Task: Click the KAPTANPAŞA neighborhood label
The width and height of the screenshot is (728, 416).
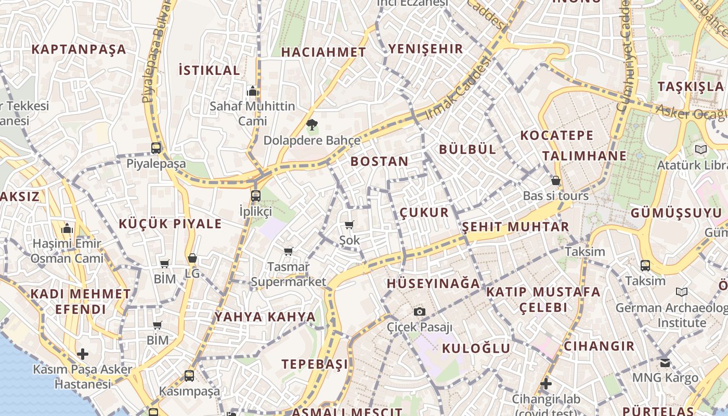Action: click(x=79, y=49)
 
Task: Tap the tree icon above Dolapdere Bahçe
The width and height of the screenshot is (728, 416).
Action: click(x=311, y=125)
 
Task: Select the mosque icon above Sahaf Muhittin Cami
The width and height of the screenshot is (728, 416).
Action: click(x=253, y=92)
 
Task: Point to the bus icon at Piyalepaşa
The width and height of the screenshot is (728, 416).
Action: click(x=156, y=148)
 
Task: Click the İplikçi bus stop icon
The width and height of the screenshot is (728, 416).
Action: click(x=255, y=196)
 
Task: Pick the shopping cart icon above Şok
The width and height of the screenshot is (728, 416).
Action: click(x=349, y=225)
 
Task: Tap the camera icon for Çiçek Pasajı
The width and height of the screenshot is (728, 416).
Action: click(x=420, y=311)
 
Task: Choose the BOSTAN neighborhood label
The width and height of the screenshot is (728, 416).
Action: click(x=380, y=161)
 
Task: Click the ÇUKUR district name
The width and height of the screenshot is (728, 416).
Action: click(x=424, y=212)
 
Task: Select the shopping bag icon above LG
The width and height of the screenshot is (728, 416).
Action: click(x=192, y=258)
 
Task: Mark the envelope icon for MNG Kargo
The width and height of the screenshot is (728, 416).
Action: click(x=665, y=362)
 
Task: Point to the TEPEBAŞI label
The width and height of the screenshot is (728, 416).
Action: click(x=315, y=364)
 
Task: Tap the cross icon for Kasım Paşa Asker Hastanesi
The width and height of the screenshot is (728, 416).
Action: click(x=83, y=355)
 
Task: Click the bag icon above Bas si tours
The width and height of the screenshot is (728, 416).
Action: click(x=556, y=181)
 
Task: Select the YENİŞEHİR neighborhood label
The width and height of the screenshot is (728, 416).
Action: click(x=425, y=49)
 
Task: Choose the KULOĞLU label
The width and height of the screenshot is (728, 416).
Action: click(x=476, y=348)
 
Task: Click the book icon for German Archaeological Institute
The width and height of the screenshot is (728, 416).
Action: click(x=682, y=292)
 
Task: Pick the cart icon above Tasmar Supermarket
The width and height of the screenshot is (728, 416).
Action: click(x=289, y=252)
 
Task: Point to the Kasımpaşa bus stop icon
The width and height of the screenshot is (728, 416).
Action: click(x=189, y=375)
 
